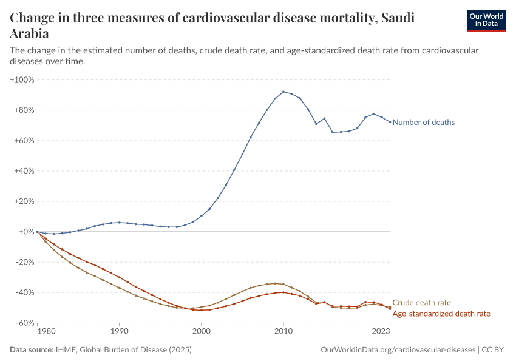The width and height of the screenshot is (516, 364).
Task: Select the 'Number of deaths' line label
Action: (423, 122)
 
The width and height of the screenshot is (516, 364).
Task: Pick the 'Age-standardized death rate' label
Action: (441, 314)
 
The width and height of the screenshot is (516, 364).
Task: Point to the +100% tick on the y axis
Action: (22, 79)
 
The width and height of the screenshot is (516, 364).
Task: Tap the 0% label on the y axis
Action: (25, 232)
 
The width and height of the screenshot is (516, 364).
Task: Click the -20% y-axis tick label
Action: (24, 262)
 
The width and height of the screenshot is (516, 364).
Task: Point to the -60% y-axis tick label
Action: (24, 323)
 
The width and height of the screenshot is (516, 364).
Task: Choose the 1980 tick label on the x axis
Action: (46, 332)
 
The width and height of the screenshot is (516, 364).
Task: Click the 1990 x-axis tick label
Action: (119, 332)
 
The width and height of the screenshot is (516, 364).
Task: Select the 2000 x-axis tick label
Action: (201, 332)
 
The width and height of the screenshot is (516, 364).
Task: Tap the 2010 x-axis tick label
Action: (283, 332)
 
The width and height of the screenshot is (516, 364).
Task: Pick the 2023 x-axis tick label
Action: (381, 332)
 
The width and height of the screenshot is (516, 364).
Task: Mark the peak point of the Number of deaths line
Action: (283, 92)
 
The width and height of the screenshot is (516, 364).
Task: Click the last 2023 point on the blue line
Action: (390, 122)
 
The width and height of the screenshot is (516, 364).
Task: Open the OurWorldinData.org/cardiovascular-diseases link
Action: (397, 350)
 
